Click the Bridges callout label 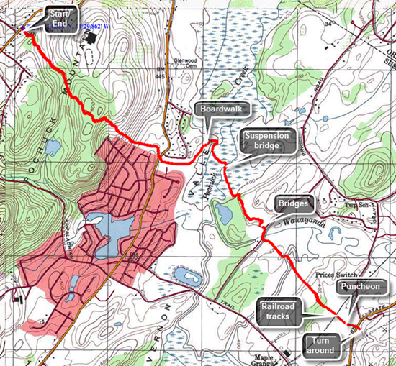(294, 204)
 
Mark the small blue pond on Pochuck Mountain (51, 148)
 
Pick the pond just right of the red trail (223, 213)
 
